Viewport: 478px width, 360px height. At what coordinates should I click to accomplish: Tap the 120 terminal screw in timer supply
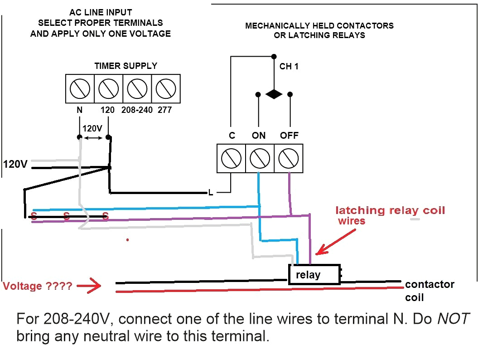click(108, 88)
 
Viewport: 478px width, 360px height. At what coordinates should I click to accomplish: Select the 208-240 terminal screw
click(137, 88)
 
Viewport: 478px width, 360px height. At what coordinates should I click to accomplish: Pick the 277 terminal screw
click(165, 88)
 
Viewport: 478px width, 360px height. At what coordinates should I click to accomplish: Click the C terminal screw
click(231, 158)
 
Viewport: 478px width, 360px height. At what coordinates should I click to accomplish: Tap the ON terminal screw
click(259, 158)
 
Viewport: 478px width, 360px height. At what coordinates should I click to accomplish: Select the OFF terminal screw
click(288, 158)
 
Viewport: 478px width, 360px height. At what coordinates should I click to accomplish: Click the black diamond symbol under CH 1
click(274, 94)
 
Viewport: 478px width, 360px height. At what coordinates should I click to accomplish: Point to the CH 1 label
click(289, 67)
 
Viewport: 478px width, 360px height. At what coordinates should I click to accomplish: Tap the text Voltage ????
click(37, 287)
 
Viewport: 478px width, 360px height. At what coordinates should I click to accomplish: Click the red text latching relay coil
click(390, 210)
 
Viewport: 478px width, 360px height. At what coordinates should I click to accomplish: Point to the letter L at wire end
click(211, 193)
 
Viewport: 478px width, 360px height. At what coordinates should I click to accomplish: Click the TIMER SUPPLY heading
click(126, 66)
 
